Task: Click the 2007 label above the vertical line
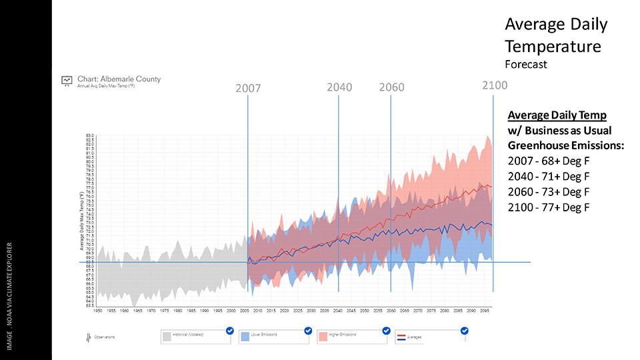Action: tap(247, 88)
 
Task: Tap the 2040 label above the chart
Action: tap(339, 87)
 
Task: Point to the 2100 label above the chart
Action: tap(494, 85)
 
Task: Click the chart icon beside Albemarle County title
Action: tap(67, 81)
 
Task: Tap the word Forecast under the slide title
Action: tap(525, 65)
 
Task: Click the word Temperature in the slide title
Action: tap(553, 46)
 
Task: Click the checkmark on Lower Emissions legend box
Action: tap(308, 330)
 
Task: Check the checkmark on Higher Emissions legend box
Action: tap(386, 330)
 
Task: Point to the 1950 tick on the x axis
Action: tap(97, 311)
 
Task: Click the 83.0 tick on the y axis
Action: tap(89, 136)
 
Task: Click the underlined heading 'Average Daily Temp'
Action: tap(557, 115)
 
